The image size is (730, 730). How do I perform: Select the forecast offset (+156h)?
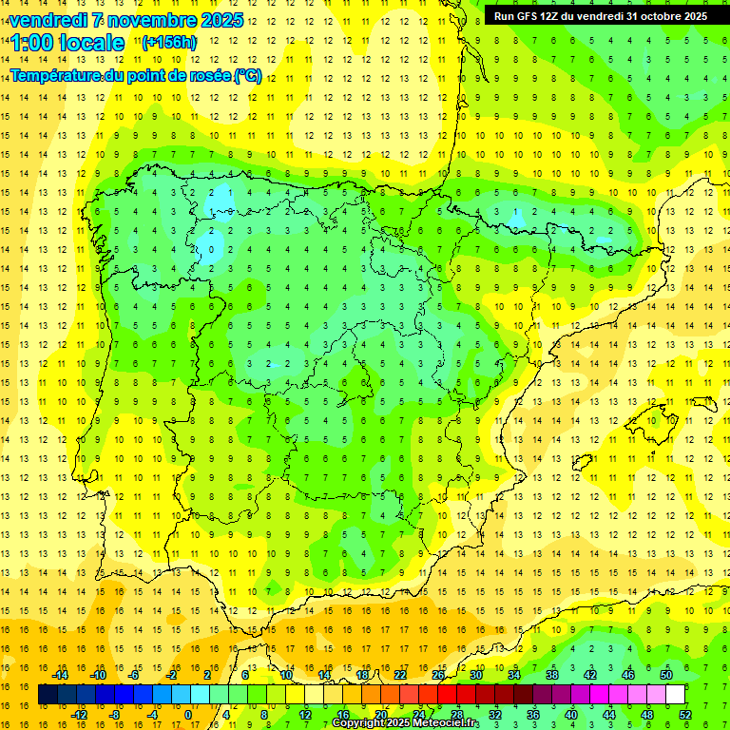coord(168,42)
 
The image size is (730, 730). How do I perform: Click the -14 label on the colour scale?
coord(60,675)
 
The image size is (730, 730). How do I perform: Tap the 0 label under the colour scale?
coord(188,715)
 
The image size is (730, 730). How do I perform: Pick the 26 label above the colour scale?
coord(438,675)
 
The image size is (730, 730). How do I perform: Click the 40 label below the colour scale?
coord(571,715)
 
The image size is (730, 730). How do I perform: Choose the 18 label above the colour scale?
coord(362,675)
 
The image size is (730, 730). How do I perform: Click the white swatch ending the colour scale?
coord(675,695)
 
